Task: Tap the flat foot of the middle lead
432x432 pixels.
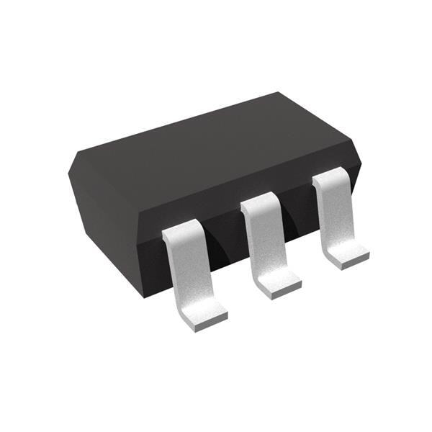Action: (x=278, y=280)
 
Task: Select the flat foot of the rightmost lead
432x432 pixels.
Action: (x=348, y=252)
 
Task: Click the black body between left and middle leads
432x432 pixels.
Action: (x=223, y=245)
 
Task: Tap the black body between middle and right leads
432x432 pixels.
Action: (x=299, y=216)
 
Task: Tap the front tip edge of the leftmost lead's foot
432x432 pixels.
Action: (x=210, y=323)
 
